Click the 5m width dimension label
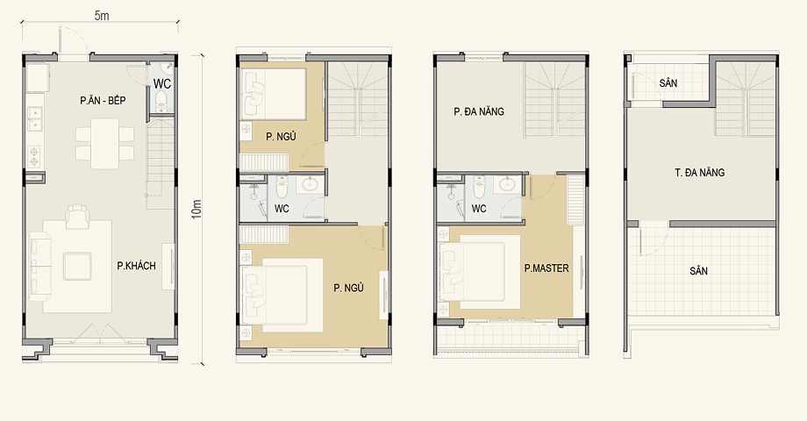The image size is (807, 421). tap(102, 16)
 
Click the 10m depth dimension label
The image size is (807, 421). tap(196, 210)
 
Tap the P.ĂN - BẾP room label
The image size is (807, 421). tap(103, 100)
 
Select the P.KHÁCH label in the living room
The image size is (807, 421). tap(136, 266)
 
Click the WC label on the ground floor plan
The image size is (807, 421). tap(162, 83)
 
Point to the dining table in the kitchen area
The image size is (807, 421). tap(105, 144)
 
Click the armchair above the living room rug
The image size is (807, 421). tap(77, 215)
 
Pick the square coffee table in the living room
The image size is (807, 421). tap(77, 266)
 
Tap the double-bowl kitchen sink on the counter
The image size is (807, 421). tap(35, 118)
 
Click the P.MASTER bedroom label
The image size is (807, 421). tap(546, 268)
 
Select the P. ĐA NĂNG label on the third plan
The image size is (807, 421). tap(479, 111)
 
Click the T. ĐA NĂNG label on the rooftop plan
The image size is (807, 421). tap(699, 173)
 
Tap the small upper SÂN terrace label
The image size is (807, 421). tap(668, 82)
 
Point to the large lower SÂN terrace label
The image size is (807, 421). tap(698, 271)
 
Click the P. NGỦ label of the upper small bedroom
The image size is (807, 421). tap(281, 137)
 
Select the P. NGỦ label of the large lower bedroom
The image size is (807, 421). tap(348, 288)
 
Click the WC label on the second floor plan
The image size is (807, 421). tap(282, 209)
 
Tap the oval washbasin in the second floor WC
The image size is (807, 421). tap(311, 184)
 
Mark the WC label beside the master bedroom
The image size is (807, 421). tap(479, 209)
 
